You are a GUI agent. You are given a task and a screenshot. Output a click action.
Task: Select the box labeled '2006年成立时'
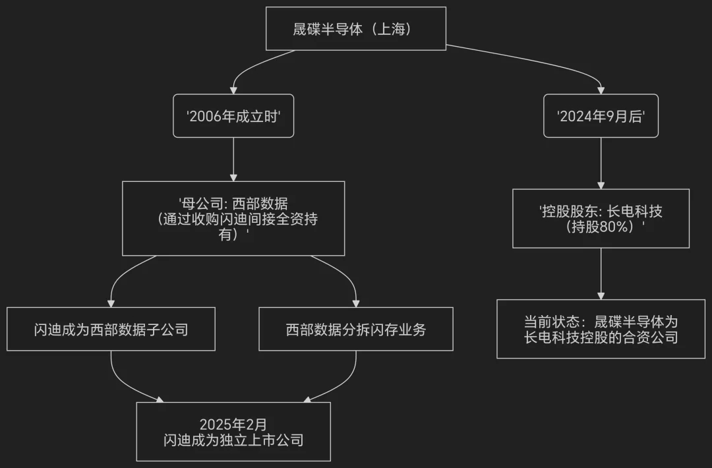233,115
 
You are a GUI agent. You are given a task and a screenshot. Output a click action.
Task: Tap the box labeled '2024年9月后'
601,115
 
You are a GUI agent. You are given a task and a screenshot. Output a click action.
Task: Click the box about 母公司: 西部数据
233,218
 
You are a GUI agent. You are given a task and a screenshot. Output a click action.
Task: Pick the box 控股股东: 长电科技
601,218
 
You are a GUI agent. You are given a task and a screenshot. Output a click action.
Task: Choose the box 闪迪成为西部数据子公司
111,329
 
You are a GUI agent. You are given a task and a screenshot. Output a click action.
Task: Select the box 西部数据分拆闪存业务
356,329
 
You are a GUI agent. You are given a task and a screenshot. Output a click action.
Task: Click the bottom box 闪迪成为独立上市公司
233,432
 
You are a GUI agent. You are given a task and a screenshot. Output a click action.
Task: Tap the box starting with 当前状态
601,329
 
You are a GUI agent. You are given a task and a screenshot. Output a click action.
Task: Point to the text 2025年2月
233,423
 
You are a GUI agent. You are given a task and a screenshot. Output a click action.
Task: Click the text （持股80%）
601,226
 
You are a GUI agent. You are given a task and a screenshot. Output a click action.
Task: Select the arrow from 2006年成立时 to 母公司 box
233,158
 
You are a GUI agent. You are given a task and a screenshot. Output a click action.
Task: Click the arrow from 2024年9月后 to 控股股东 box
601,162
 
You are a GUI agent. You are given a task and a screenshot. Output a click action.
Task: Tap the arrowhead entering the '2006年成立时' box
233,90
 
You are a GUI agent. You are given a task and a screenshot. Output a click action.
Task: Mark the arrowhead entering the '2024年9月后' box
601,90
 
